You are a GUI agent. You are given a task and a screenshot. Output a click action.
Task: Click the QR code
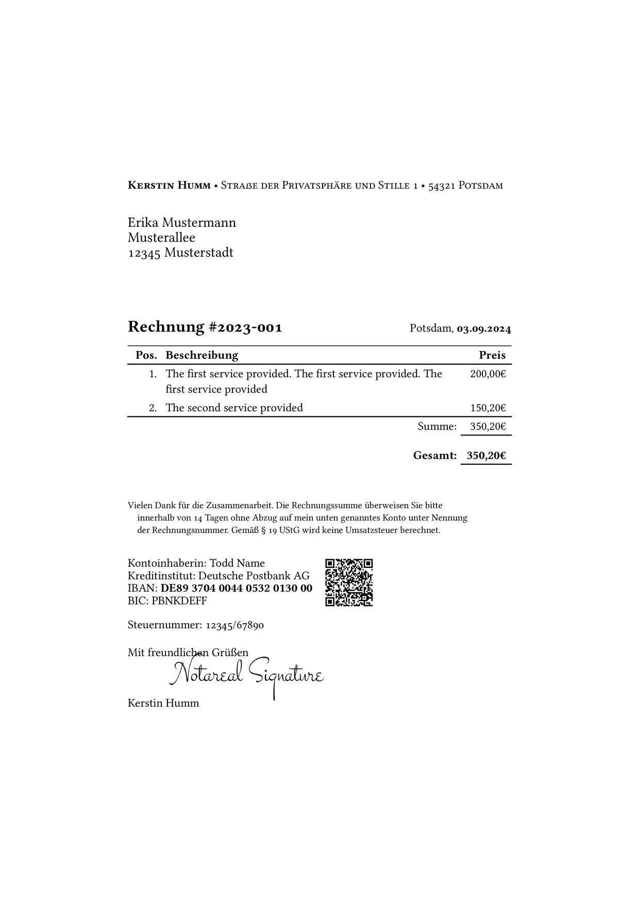(349, 582)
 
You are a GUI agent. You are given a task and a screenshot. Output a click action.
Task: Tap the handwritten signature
(246, 675)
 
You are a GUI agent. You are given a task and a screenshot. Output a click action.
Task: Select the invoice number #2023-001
(245, 327)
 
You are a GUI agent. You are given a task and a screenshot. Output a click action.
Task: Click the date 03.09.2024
(484, 329)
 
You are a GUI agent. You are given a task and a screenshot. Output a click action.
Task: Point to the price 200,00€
(487, 374)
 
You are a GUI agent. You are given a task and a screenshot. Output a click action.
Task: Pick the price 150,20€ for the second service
(487, 408)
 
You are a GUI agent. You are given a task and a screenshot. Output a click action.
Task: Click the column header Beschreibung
(202, 355)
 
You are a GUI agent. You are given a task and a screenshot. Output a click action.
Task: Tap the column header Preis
(492, 355)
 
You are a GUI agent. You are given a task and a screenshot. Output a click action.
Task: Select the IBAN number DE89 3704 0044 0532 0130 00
(237, 589)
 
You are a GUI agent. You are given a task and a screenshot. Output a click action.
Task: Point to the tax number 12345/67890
(234, 626)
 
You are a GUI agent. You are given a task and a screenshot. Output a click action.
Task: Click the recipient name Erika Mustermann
(182, 223)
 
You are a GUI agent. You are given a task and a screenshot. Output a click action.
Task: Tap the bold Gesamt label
(435, 456)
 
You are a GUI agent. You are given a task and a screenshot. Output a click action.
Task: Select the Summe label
(437, 427)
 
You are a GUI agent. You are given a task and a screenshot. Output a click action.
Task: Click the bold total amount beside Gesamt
(486, 456)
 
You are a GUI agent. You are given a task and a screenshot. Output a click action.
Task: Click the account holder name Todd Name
(237, 563)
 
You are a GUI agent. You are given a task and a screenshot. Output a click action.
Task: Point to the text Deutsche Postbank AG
(254, 576)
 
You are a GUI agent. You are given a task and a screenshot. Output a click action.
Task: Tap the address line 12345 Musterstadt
(180, 253)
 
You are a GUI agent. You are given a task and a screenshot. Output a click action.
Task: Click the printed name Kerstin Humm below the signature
(163, 704)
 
